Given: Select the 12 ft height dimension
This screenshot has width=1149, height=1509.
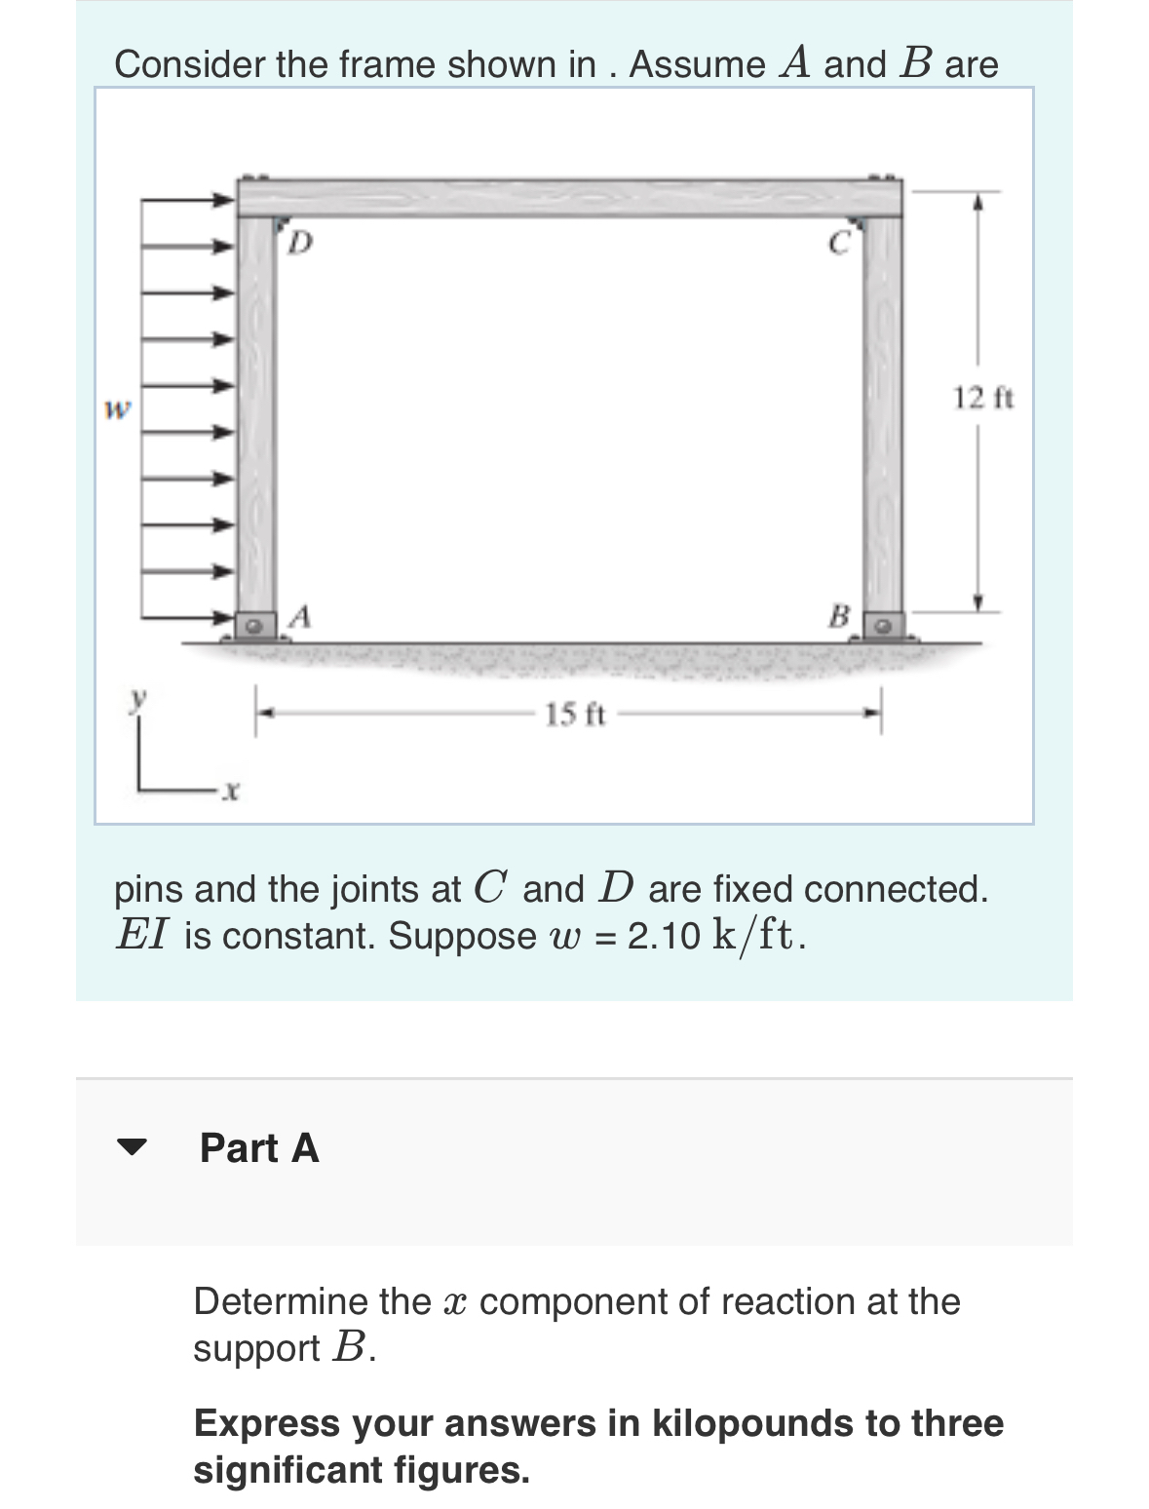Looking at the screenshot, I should tap(982, 398).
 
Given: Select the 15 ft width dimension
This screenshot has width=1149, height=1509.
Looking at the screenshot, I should tap(574, 715).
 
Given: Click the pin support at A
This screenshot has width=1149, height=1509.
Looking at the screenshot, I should tap(256, 622).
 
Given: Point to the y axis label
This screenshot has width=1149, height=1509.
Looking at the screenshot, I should tap(140, 697).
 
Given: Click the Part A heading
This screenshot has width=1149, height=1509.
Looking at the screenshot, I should tap(259, 1148).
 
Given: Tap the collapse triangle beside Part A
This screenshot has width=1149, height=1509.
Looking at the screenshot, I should tap(131, 1147).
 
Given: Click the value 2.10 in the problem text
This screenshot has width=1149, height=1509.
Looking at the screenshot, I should tap(664, 936).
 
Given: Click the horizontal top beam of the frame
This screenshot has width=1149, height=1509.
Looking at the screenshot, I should tap(570, 197).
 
